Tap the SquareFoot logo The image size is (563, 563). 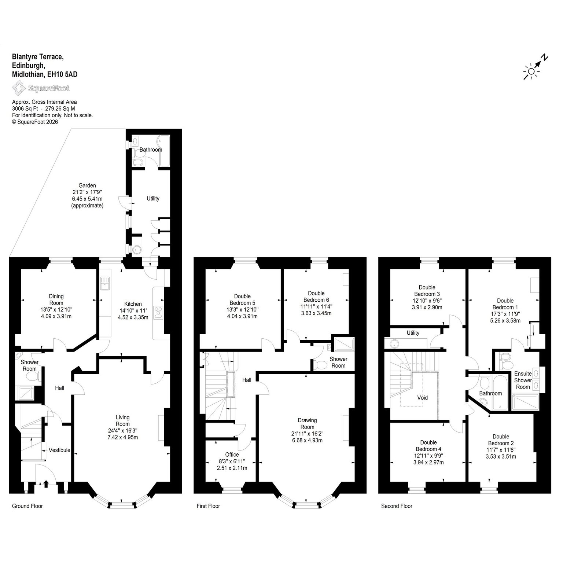pos(41,88)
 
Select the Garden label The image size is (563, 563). pos(87,185)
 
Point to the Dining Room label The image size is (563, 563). pos(56,299)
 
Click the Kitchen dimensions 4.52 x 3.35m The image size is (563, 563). pos(133,317)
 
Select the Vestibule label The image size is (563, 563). pos(59,450)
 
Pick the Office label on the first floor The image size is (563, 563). pos(232,455)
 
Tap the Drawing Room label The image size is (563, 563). pos(307,424)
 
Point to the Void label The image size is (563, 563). pos(423,397)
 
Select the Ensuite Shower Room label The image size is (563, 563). pos(523,380)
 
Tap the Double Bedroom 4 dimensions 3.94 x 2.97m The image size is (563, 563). pos(428,462)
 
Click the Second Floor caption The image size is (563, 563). pos(397,506)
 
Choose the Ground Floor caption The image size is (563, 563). pos(27,506)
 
